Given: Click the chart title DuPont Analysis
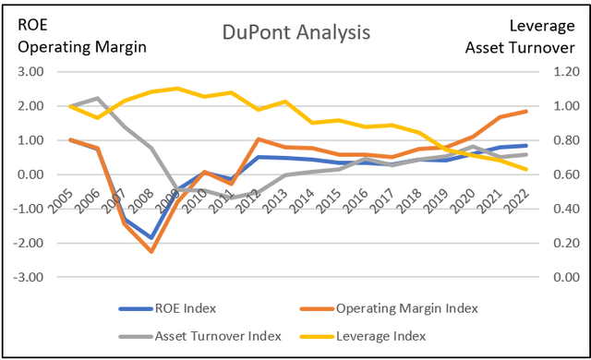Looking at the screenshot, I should (295, 32).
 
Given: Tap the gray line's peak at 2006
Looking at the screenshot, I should (97, 98).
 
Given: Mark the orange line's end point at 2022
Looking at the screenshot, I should (527, 111).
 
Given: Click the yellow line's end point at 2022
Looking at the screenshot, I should (527, 169).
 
